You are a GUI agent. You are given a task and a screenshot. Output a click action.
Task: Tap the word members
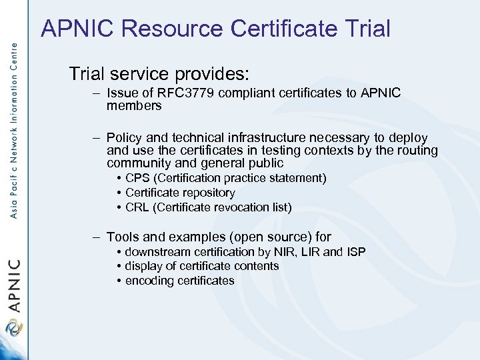tap(134, 106)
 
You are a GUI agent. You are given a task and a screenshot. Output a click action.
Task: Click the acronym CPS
tap(137, 178)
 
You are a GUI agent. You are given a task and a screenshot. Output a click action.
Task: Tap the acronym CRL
tap(137, 207)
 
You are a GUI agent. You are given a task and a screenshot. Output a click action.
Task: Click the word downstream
tap(157, 251)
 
